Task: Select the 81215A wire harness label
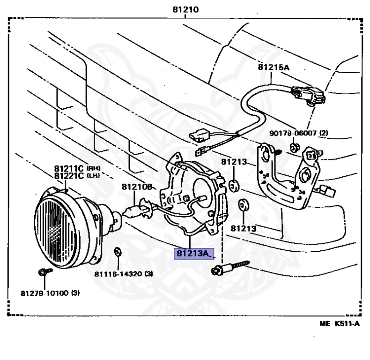274,67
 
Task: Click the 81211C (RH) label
77,168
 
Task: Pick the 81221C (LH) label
77,176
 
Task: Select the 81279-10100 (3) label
50,293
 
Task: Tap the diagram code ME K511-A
340,323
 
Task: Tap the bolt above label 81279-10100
44,271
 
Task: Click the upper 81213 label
234,162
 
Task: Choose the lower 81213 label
244,229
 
